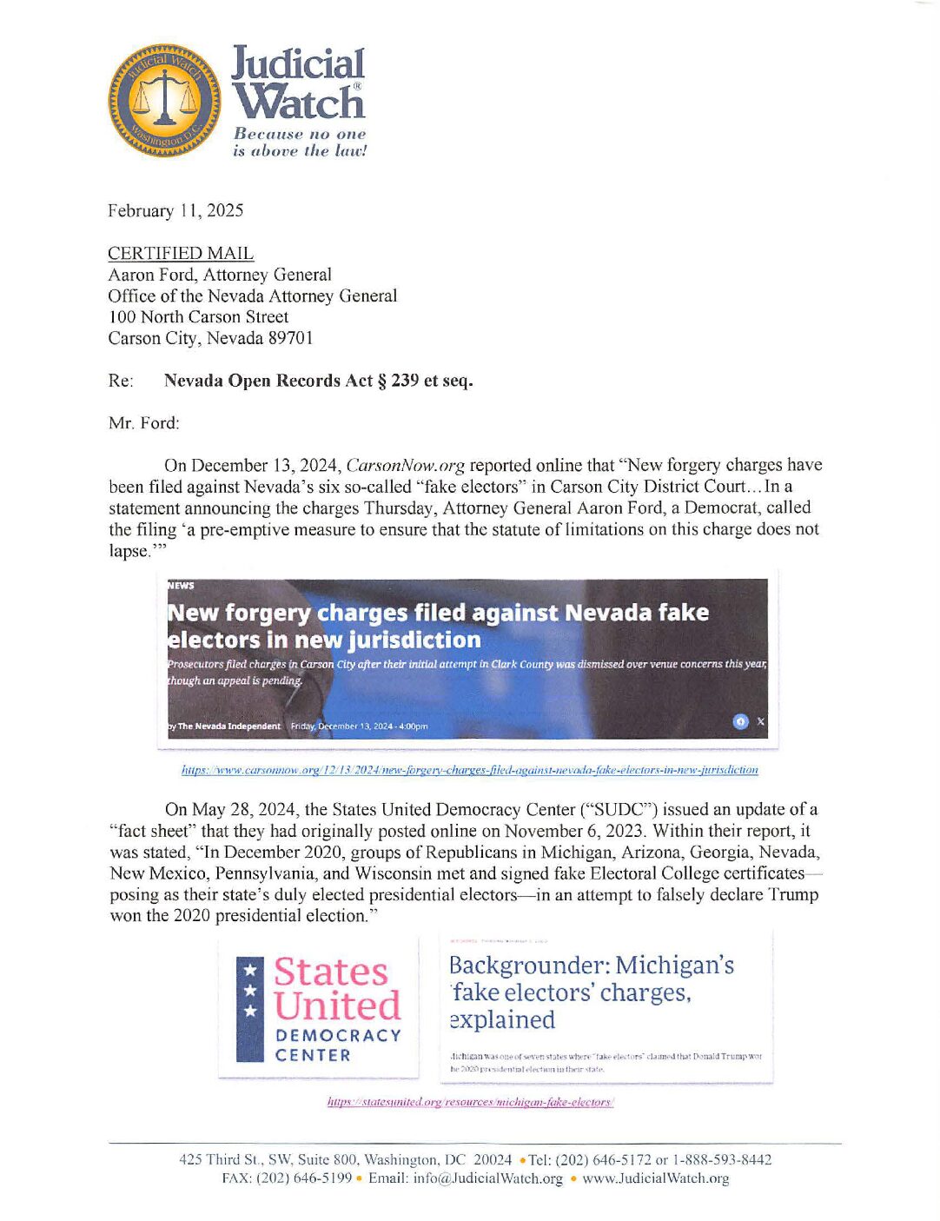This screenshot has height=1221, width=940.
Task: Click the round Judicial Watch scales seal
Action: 163,101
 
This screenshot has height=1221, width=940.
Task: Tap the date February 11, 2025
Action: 175,211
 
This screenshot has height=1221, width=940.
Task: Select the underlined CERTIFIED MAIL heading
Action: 181,254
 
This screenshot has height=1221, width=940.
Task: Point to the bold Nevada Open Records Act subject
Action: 318,381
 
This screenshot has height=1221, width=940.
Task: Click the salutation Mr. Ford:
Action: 144,423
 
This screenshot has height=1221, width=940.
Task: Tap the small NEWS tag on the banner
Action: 181,586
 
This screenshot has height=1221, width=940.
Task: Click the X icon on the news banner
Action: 761,721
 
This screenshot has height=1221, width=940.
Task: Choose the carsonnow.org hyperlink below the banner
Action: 469,770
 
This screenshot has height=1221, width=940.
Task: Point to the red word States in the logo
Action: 331,972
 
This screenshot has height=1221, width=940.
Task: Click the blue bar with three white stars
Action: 250,1009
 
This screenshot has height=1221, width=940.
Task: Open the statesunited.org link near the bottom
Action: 470,1102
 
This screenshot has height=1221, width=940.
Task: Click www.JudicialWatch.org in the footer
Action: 655,1178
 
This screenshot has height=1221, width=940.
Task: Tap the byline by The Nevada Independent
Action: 224,727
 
